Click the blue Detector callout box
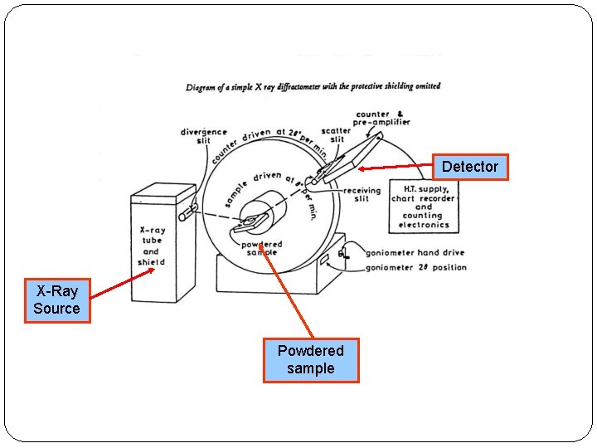point(469,167)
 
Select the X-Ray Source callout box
point(57,300)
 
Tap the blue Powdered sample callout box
point(311,360)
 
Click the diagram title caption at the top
point(313,85)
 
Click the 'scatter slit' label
point(336,135)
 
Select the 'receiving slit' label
point(362,194)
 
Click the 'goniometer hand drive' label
point(415,252)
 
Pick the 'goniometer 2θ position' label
point(416,267)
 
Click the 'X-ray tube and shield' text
point(151,246)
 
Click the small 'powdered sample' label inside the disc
point(261,248)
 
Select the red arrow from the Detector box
point(395,168)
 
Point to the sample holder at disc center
point(251,222)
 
